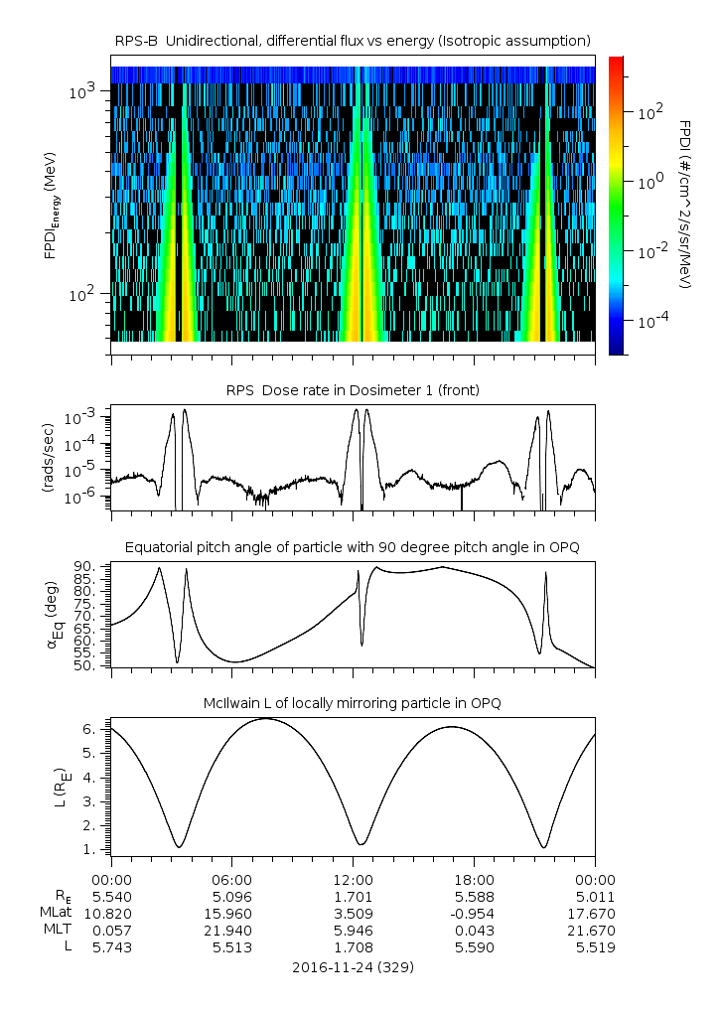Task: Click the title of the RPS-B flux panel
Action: tap(353, 40)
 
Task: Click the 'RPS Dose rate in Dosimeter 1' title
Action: tap(353, 390)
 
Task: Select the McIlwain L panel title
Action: tap(353, 703)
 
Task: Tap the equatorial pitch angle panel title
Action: tap(353, 547)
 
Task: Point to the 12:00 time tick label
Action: tap(353, 879)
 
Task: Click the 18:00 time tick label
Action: tap(474, 879)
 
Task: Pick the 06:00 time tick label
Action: tap(231, 879)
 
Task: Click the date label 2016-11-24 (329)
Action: tap(353, 966)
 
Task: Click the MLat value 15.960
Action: tap(231, 913)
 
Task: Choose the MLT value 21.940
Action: tap(231, 931)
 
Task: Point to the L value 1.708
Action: tap(353, 948)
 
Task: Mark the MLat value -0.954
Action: tap(474, 913)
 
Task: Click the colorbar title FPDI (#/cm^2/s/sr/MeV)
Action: tap(685, 205)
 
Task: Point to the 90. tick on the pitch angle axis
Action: tap(85, 566)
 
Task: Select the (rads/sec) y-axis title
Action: tap(49, 454)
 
